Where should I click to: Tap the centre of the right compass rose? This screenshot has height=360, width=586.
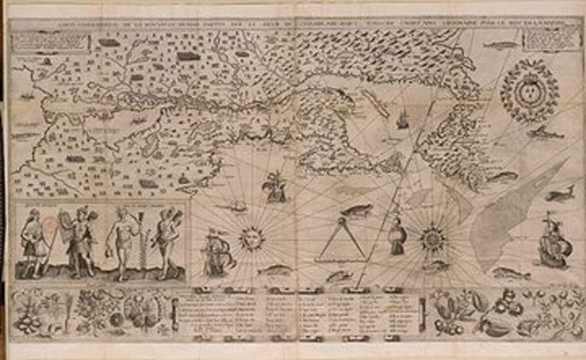click(x=429, y=239)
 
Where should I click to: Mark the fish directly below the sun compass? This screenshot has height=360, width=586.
click(x=273, y=271)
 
